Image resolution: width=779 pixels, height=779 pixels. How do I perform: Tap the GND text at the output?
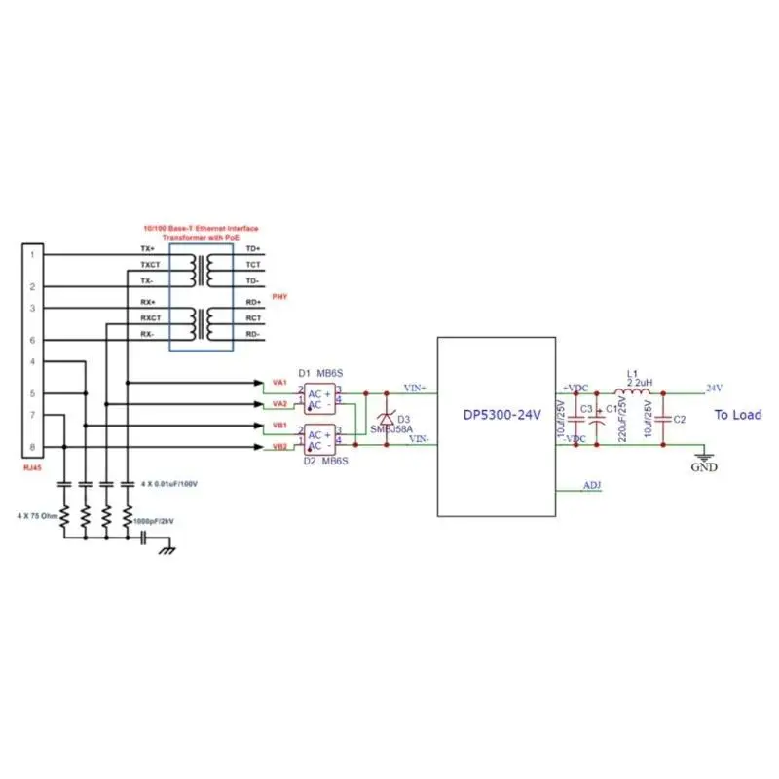tap(703, 467)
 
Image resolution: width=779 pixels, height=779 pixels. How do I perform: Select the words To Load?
tap(738, 415)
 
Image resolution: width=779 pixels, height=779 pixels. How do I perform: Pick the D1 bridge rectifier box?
tap(317, 398)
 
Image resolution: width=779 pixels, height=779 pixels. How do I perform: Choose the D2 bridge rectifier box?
tap(317, 440)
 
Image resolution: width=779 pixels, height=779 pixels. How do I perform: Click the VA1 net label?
tap(279, 383)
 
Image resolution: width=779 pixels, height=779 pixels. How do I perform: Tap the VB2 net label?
tap(279, 446)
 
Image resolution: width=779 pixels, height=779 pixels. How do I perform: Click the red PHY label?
tap(279, 296)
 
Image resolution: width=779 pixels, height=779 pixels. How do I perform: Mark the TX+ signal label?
tap(148, 249)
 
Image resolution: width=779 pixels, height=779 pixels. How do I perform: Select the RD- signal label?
tap(252, 334)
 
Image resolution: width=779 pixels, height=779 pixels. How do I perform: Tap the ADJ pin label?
tap(591, 484)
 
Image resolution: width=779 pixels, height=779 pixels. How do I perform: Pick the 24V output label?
tap(714, 387)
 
